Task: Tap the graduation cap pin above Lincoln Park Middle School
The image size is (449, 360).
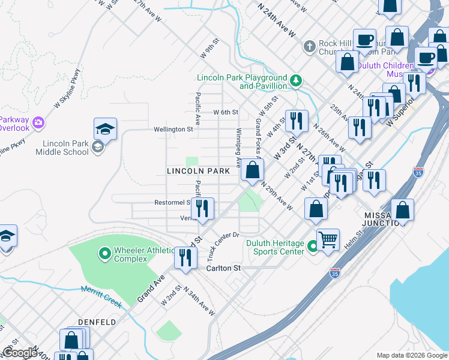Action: [105, 129]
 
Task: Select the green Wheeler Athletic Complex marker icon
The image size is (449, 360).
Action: [105, 254]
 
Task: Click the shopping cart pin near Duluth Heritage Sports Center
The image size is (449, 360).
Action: [328, 240]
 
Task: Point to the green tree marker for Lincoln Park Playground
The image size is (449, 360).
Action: [295, 80]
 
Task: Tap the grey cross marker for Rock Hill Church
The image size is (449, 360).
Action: [309, 46]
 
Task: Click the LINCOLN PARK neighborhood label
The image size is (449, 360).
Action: [198, 171]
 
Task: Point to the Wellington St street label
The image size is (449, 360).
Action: [173, 129]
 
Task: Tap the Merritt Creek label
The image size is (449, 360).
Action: [101, 297]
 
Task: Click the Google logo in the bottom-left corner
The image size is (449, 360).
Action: [20, 353]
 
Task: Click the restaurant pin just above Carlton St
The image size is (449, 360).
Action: [185, 258]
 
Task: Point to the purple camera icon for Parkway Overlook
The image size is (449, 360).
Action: [39, 122]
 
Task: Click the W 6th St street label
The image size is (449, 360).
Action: [226, 112]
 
